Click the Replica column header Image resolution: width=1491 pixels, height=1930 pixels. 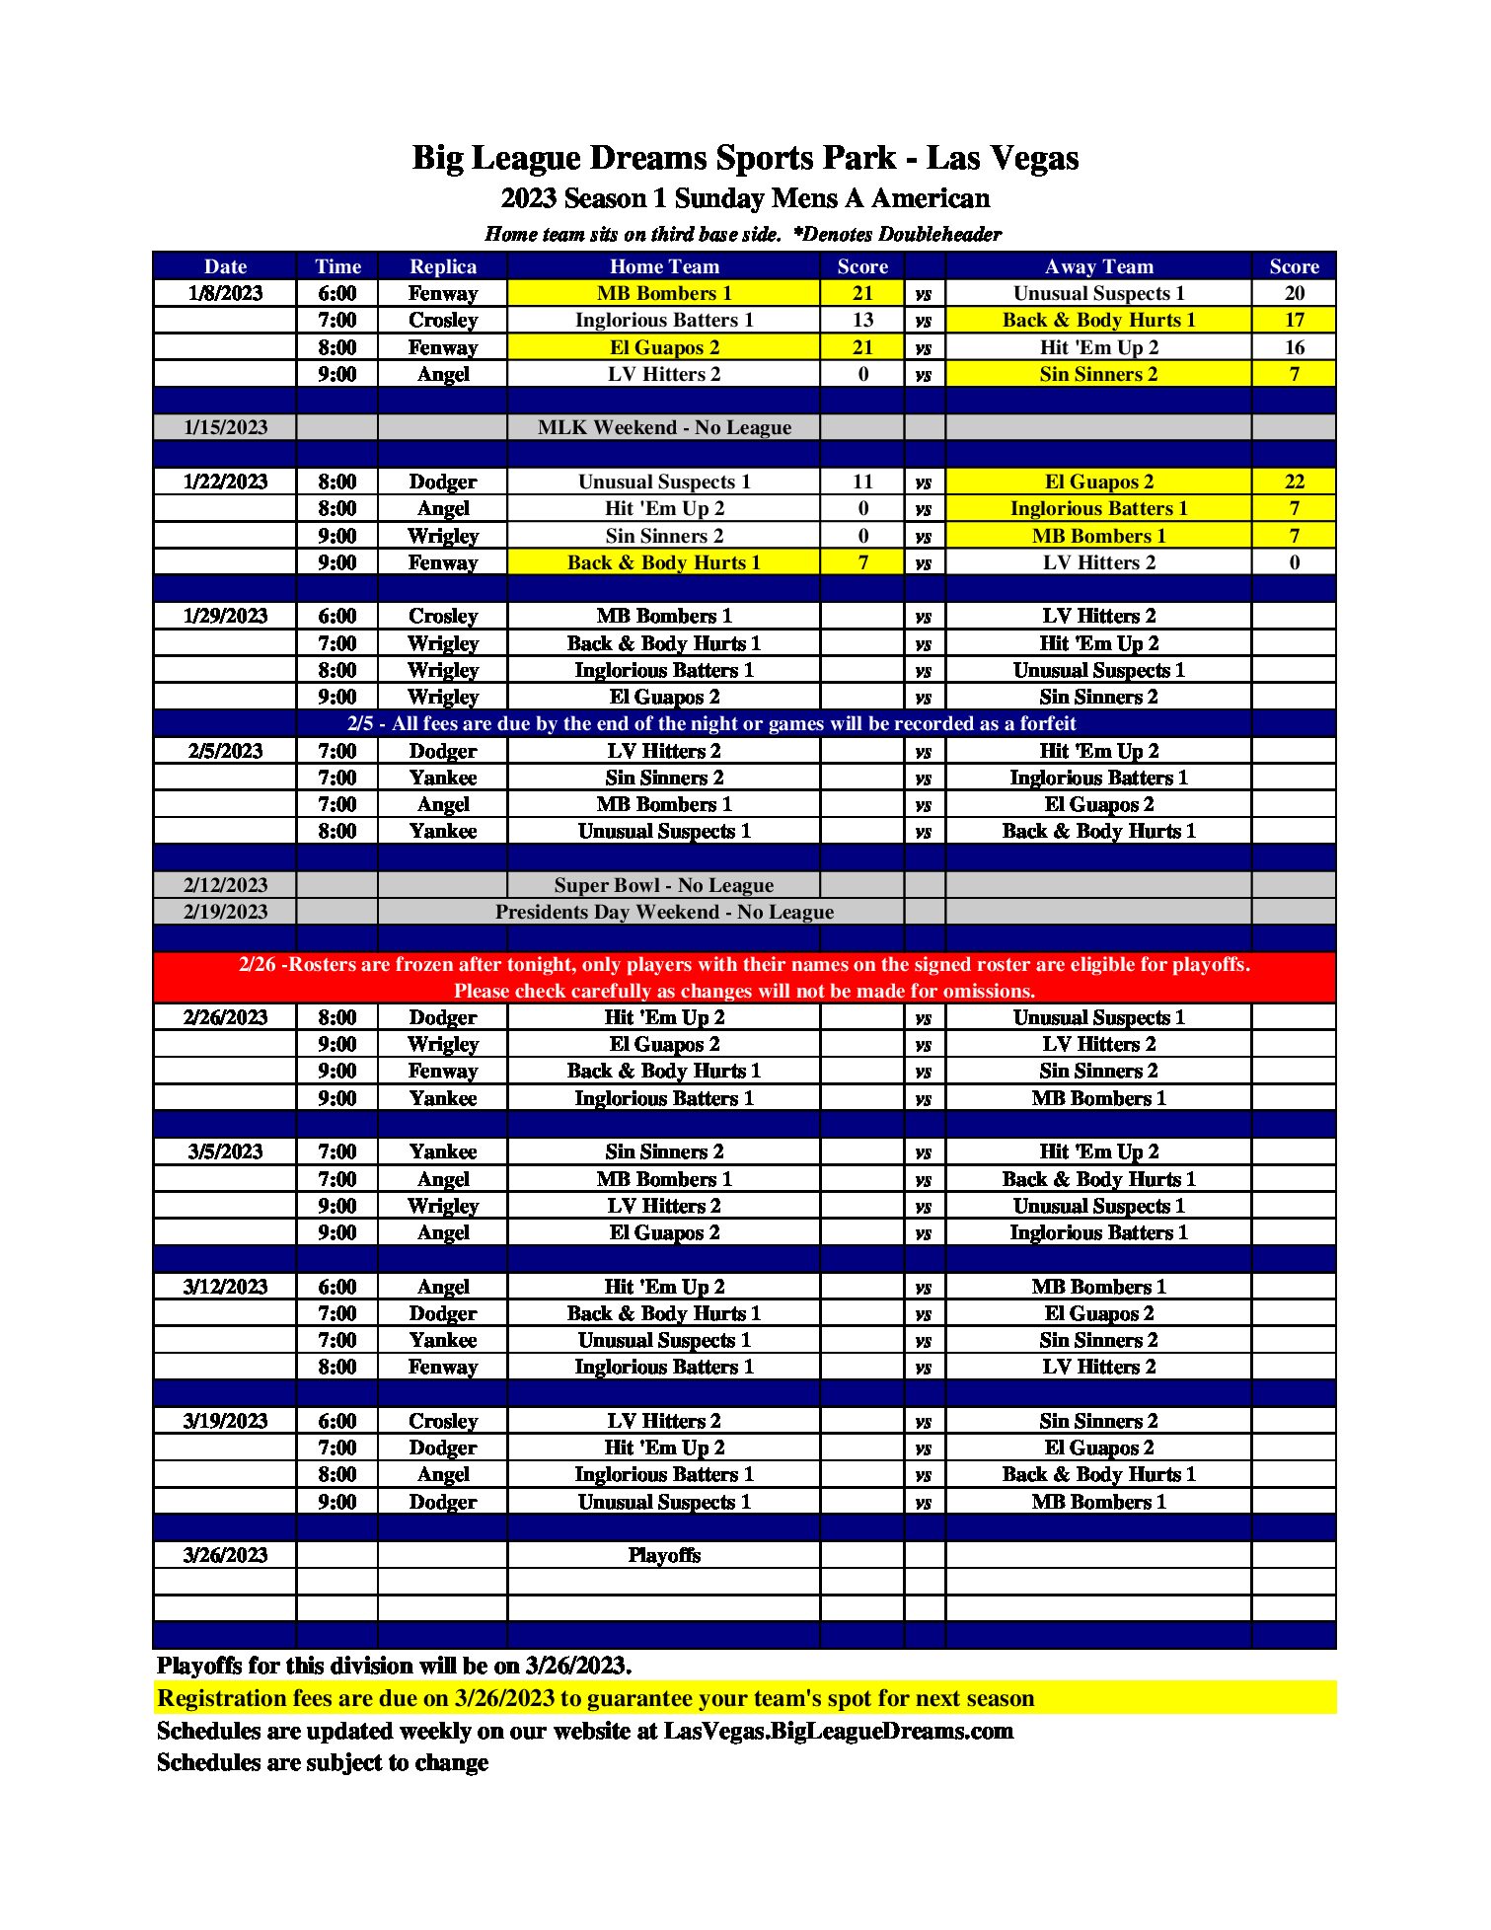click(x=443, y=266)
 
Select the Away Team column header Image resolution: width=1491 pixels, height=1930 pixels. click(x=1098, y=266)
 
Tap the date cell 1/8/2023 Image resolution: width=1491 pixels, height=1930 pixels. click(x=225, y=293)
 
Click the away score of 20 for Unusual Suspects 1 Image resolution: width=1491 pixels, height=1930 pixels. click(x=1294, y=293)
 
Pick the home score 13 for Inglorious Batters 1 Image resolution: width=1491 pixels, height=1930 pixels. click(x=862, y=320)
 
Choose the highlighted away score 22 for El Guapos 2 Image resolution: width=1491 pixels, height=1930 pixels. click(x=1294, y=482)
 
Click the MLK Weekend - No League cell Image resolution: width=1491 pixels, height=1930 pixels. click(x=664, y=427)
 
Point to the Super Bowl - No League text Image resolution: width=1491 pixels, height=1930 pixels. click(x=664, y=885)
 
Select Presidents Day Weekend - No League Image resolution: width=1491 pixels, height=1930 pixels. click(x=664, y=912)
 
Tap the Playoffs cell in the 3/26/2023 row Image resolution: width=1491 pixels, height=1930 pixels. click(x=664, y=1555)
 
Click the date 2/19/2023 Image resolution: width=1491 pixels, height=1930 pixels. click(x=225, y=912)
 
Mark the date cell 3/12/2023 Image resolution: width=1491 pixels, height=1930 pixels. click(x=225, y=1287)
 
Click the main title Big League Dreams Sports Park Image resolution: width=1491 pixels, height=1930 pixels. click(x=745, y=158)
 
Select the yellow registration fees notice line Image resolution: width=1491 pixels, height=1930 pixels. click(x=596, y=1698)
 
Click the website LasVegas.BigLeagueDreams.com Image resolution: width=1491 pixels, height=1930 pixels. click(x=838, y=1731)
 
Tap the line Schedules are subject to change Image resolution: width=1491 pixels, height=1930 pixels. click(x=323, y=1762)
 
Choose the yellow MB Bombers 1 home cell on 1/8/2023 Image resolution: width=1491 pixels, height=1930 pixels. click(x=664, y=293)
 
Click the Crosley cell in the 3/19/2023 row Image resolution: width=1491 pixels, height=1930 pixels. click(x=443, y=1421)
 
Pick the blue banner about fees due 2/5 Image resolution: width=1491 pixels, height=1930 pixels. click(x=710, y=723)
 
